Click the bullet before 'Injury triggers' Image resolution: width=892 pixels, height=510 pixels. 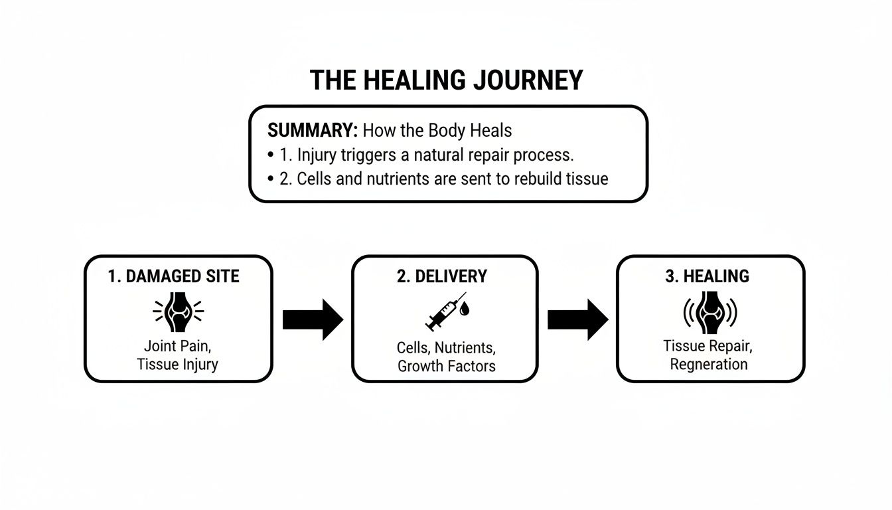coord(271,155)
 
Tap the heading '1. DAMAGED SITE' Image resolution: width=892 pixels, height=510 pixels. coord(173,277)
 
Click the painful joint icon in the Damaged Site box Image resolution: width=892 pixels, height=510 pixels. coord(179,310)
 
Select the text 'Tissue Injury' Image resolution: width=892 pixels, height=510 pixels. coord(177,365)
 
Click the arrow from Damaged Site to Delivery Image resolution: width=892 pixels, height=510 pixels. coord(313,319)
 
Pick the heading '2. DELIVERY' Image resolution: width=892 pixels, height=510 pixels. coord(442,277)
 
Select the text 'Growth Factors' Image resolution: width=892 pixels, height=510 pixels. coord(446,366)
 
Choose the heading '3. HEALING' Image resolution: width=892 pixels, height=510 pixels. coord(707,277)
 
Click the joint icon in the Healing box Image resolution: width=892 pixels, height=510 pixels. coord(709,311)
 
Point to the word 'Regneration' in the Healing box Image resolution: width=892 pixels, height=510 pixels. coord(708,365)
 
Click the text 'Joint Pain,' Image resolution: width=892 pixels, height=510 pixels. coord(177,346)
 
